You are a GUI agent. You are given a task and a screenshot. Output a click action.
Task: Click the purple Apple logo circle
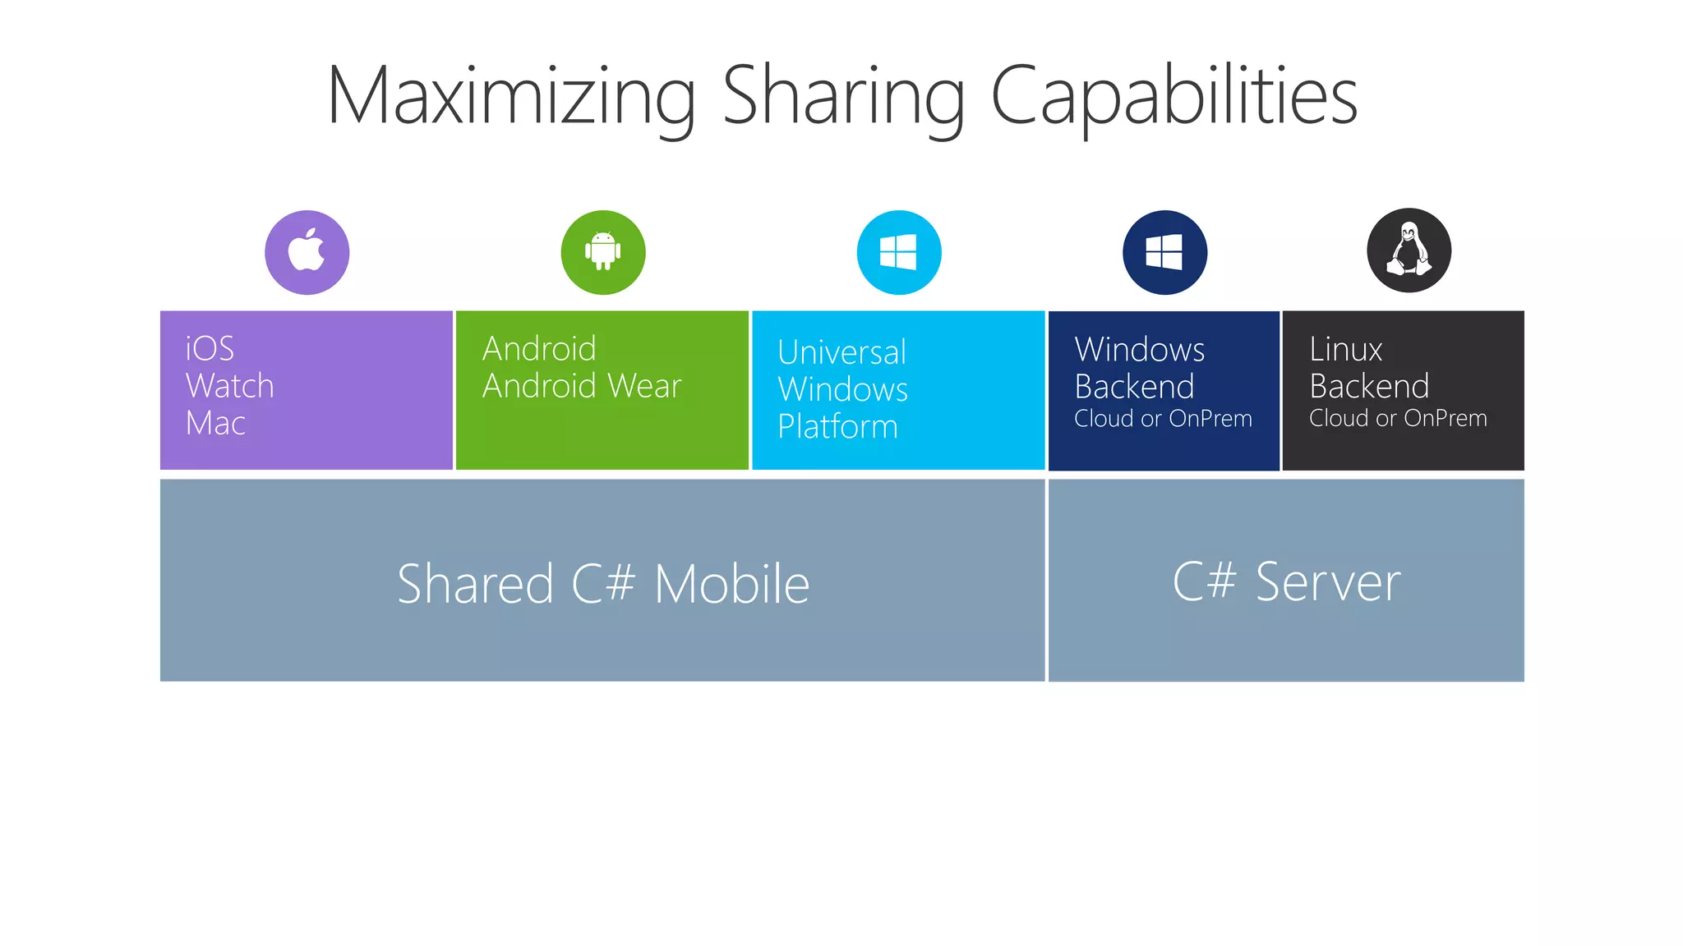[307, 252]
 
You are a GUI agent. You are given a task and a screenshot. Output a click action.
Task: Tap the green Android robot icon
[602, 252]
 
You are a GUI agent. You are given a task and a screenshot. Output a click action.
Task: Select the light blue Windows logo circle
[898, 252]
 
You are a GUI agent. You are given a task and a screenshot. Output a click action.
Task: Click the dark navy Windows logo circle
[1164, 252]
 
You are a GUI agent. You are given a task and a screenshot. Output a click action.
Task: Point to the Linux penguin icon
[1409, 250]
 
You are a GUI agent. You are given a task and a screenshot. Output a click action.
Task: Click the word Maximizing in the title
[511, 97]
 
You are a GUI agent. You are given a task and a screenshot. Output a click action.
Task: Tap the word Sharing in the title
[843, 97]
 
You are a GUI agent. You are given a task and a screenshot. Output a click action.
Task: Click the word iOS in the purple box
[210, 349]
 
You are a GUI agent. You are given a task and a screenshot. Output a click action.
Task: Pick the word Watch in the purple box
[229, 386]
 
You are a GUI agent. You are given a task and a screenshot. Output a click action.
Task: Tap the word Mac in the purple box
[215, 423]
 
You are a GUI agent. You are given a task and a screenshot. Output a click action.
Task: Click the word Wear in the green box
[643, 386]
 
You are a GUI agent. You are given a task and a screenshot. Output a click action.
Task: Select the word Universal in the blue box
[841, 352]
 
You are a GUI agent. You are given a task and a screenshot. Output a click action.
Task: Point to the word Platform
[837, 427]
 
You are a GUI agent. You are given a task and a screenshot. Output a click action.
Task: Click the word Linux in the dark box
[1345, 350]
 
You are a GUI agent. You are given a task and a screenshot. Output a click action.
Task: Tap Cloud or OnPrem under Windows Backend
[1163, 419]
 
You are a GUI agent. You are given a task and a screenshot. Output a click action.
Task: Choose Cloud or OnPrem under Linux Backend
[1398, 419]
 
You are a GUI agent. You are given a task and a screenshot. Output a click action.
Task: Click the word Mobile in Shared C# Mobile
[731, 585]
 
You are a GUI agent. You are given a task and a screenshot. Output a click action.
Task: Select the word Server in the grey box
[1327, 582]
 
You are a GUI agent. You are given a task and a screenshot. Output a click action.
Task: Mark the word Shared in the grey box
[475, 585]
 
